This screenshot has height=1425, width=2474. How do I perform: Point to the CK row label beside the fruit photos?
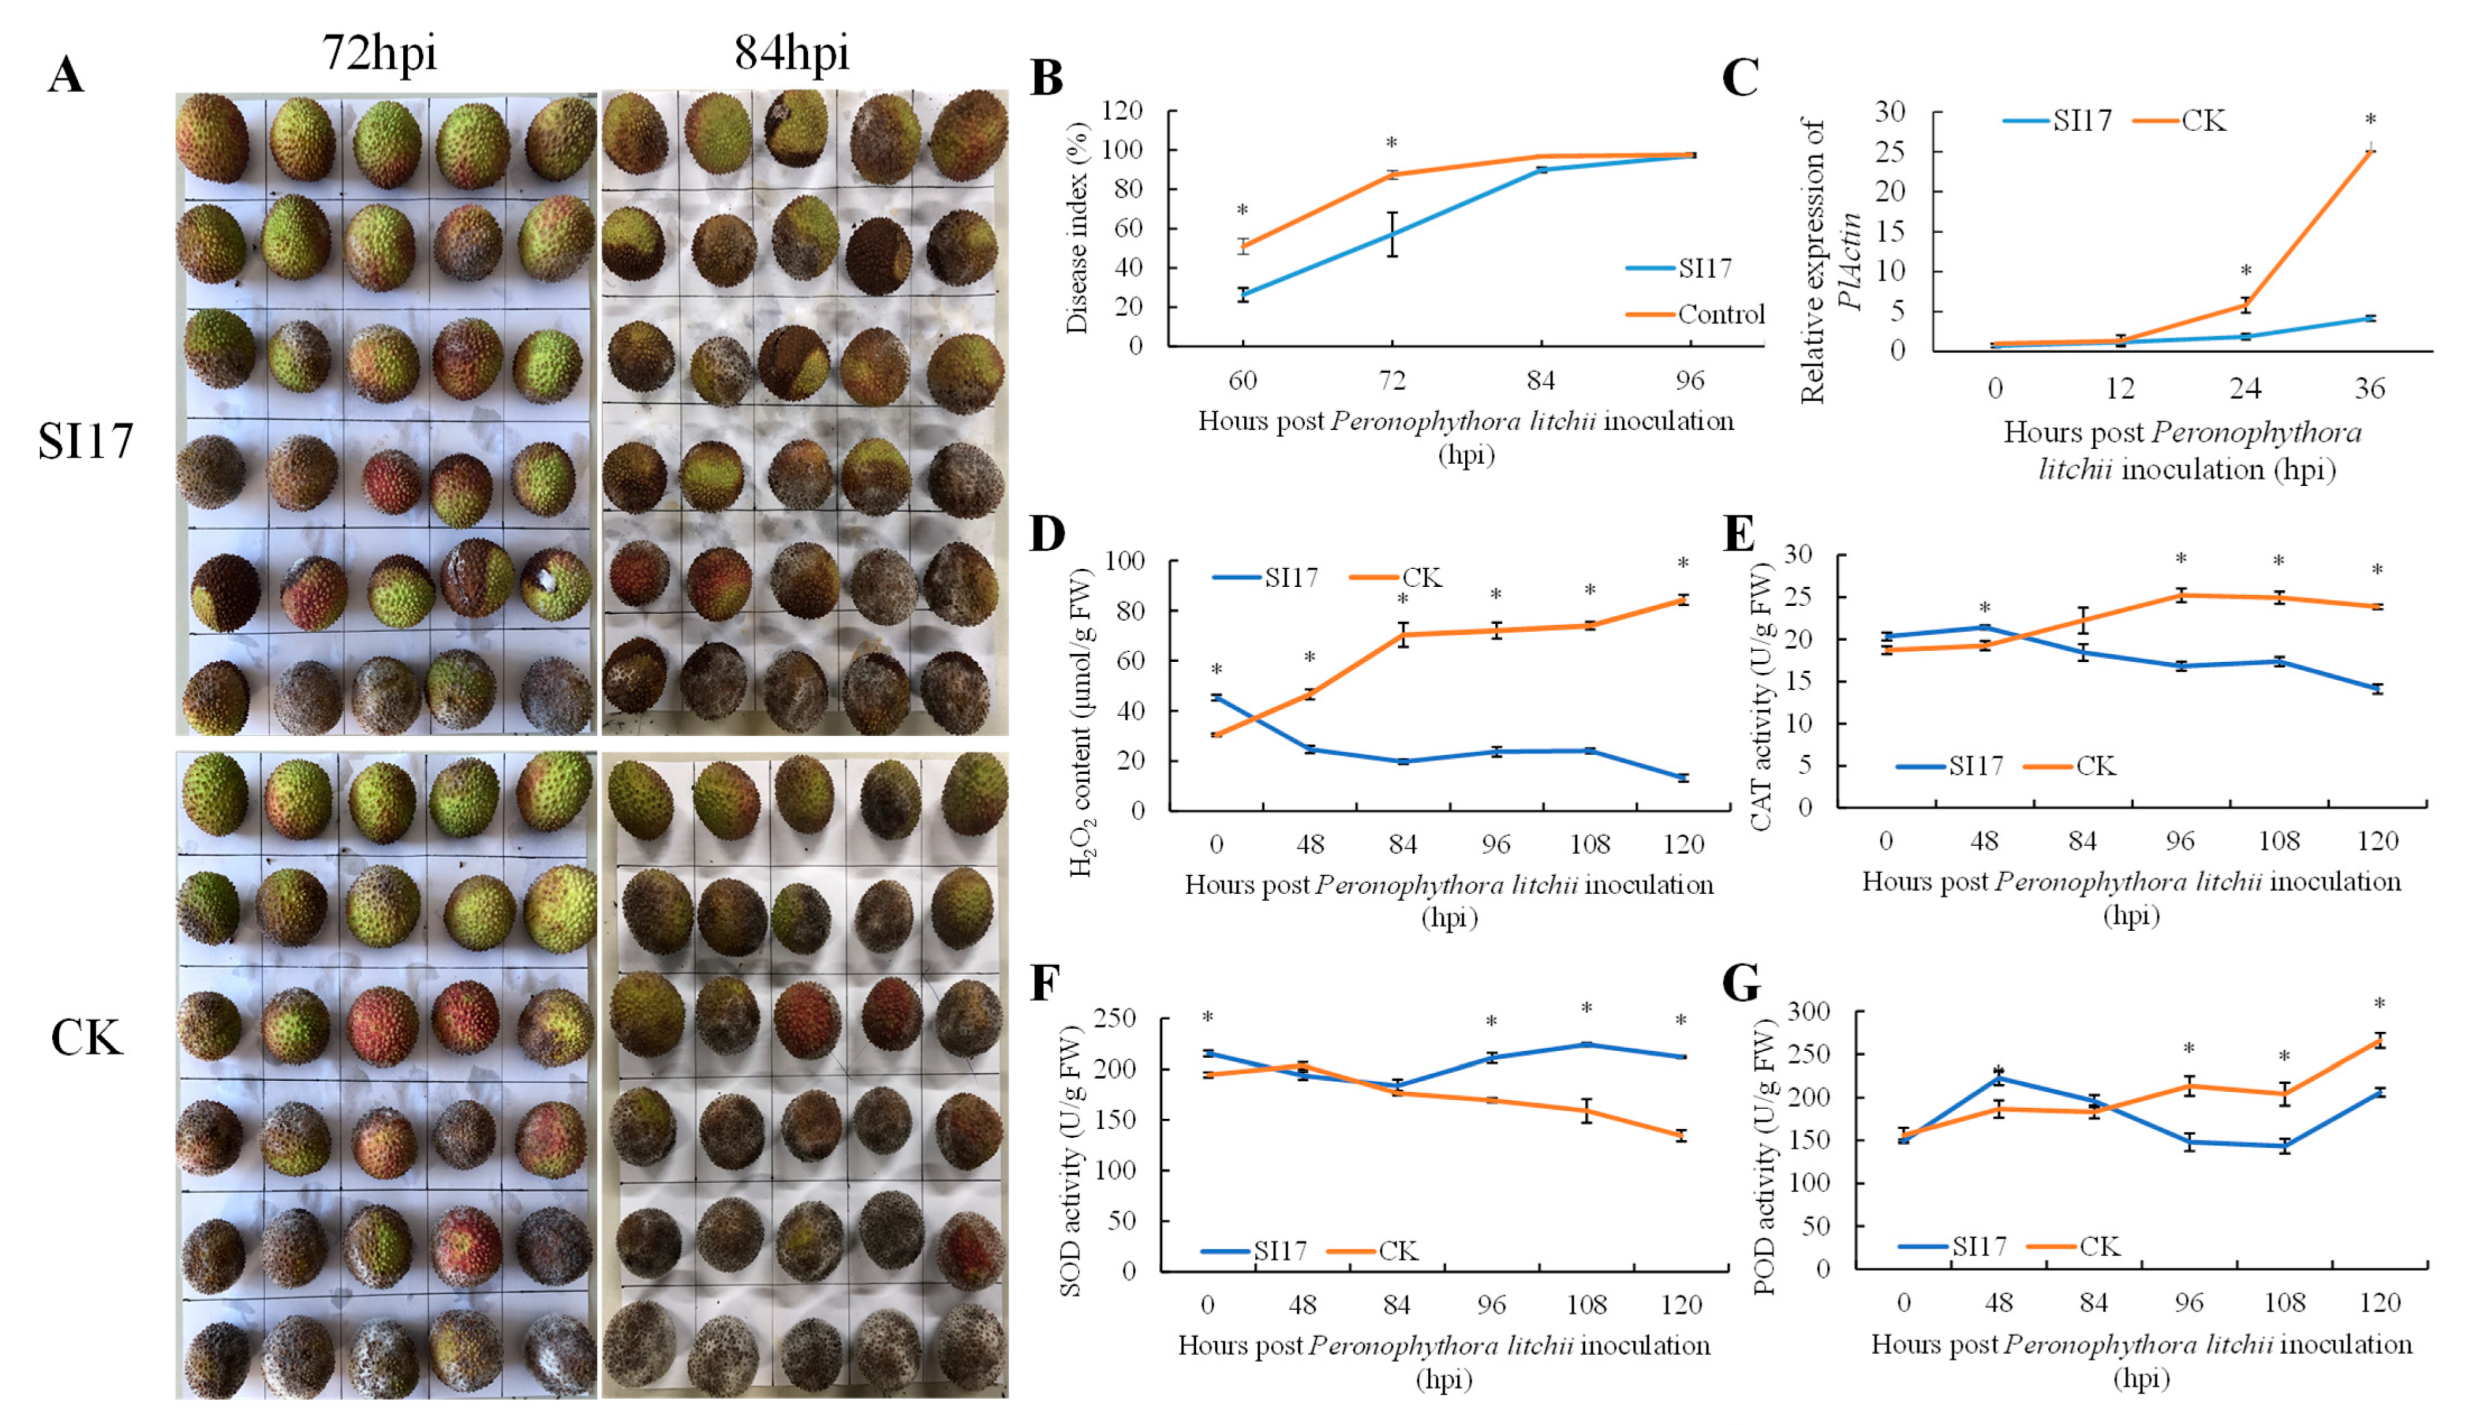point(86,1037)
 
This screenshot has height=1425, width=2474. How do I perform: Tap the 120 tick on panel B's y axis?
point(1123,111)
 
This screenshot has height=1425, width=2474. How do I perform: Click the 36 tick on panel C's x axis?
point(2369,388)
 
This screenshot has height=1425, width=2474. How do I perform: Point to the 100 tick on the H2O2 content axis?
point(1125,561)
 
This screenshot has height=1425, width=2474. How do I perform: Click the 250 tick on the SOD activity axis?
point(1117,1019)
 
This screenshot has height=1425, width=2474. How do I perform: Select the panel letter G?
point(1741,984)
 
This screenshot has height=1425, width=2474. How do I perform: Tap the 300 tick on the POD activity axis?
point(1809,1012)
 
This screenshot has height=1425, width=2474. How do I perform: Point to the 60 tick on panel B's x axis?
point(1243,380)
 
